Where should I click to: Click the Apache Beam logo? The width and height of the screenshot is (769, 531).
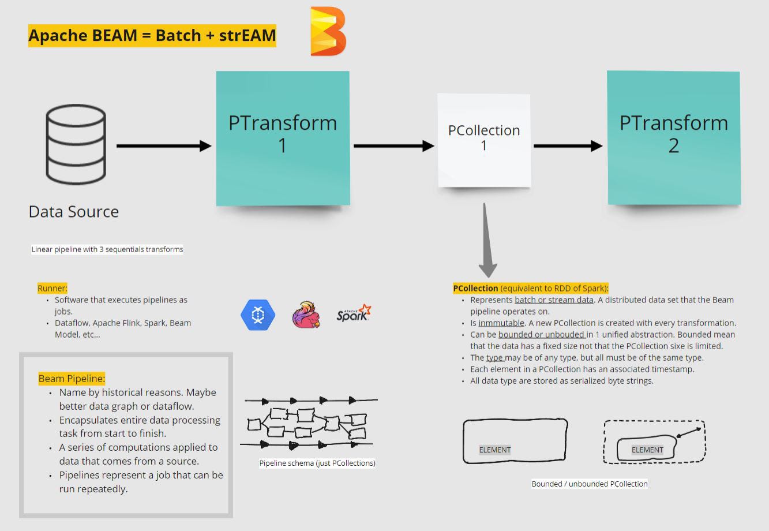[x=328, y=32]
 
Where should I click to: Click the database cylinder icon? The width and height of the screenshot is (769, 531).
[x=76, y=145]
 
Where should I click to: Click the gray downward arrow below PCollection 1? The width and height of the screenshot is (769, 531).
[x=487, y=242]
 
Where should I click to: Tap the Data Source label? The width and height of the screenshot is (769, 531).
[x=74, y=211]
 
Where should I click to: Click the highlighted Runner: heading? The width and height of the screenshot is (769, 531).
[x=52, y=288]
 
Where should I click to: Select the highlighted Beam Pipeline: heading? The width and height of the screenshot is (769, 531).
[x=72, y=379]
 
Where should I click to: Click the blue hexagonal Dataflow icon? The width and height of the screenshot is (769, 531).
[x=258, y=315]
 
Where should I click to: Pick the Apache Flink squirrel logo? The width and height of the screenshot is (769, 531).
[x=306, y=315]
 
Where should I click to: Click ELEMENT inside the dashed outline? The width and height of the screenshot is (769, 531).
[x=647, y=450]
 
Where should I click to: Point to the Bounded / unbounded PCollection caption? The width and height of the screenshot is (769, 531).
[x=590, y=484]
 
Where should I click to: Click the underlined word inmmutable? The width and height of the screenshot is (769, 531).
[x=501, y=323]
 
